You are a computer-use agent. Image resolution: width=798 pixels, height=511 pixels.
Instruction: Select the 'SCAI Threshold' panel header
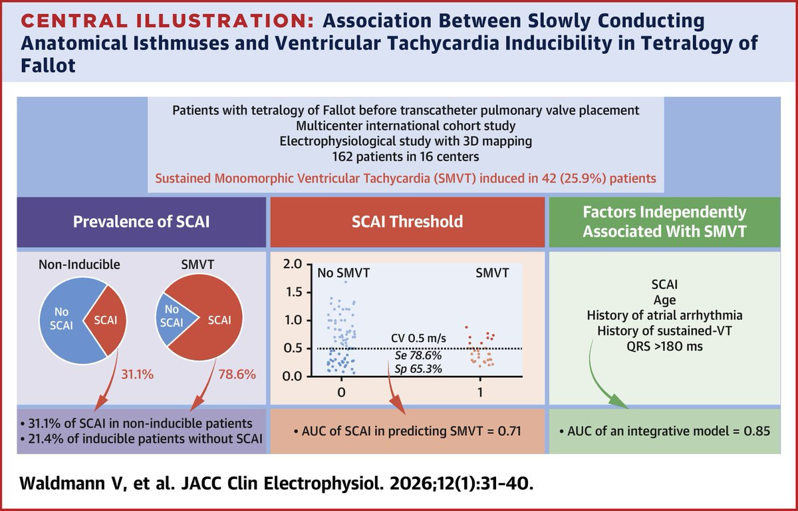408,221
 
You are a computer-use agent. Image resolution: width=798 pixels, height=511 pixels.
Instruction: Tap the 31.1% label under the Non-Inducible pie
136,375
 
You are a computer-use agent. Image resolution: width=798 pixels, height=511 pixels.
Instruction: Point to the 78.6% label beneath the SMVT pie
237,375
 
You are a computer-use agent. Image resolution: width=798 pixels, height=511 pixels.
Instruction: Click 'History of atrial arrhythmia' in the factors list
670,315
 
